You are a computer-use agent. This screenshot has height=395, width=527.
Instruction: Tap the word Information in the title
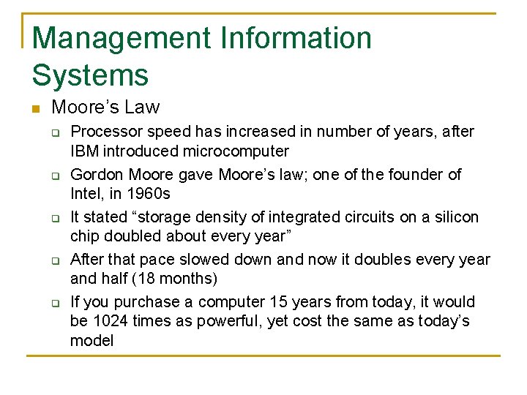click(302, 38)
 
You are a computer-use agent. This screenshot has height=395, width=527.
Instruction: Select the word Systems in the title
click(90, 75)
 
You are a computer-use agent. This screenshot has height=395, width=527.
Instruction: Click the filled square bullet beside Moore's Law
click(35, 109)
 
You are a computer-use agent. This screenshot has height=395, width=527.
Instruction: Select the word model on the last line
click(91, 340)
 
